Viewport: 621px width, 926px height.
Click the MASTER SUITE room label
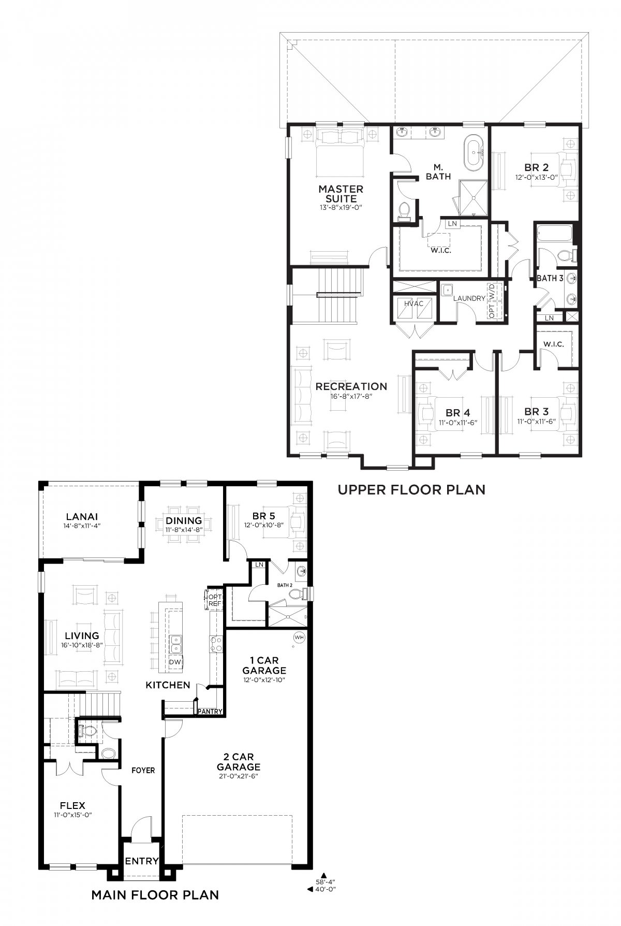341,194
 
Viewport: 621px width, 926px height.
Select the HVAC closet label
413,303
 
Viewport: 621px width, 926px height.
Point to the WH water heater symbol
299,637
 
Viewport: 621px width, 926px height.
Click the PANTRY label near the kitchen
210,711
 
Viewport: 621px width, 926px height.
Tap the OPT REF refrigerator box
214,600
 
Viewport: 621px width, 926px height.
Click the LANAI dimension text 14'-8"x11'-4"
82,525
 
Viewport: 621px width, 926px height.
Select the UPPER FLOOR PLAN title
411,489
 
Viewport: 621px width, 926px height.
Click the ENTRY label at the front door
142,861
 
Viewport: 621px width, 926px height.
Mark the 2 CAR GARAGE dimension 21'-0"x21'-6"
238,776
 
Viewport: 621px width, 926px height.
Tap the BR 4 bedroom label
458,413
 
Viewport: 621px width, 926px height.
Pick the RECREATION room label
351,386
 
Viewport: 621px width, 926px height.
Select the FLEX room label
72,805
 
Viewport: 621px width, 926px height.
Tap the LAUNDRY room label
469,298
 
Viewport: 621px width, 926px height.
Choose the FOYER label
143,770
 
